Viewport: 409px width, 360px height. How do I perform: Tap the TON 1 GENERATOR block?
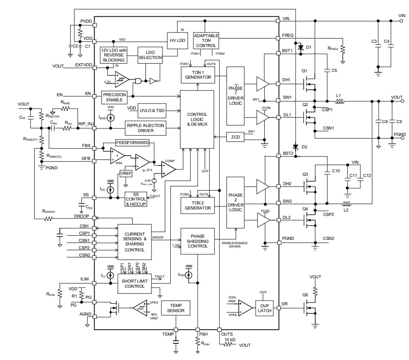(198, 75)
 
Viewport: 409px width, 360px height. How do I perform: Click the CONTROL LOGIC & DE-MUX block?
(197, 119)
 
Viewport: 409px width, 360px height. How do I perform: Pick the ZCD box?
(235, 137)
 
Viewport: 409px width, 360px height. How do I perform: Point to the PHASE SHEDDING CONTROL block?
(197, 241)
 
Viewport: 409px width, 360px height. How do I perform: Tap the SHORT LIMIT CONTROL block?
(135, 283)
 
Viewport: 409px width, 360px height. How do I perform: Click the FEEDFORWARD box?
(132, 142)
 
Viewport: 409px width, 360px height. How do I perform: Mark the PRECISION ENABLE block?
(115, 97)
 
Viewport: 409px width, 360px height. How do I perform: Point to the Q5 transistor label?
(305, 295)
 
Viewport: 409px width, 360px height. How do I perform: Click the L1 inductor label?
(338, 95)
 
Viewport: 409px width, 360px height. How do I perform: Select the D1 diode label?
(309, 47)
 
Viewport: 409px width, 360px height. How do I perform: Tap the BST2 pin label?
(288, 153)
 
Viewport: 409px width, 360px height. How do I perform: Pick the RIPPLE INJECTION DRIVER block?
(145, 127)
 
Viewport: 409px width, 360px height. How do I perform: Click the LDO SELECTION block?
(150, 55)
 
